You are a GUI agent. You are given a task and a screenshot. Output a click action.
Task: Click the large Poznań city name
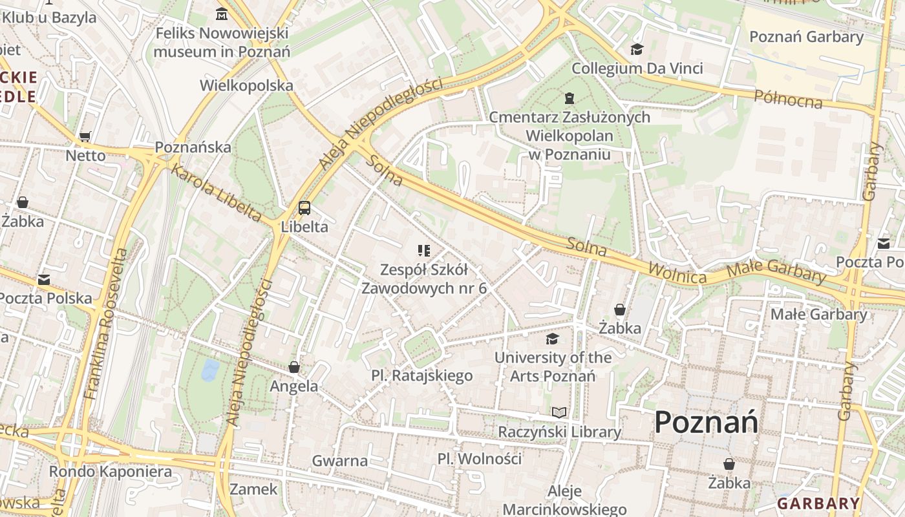pyautogui.click(x=706, y=423)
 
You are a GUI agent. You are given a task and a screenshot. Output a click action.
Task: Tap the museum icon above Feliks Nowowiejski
pyautogui.click(x=222, y=13)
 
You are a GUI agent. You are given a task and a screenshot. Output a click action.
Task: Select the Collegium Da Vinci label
pyautogui.click(x=637, y=68)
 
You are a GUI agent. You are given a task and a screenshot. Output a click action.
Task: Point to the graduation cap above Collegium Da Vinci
pyautogui.click(x=637, y=49)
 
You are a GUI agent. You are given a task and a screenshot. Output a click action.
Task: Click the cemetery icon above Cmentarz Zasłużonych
pyautogui.click(x=569, y=98)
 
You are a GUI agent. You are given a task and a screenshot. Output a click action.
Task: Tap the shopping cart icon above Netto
pyautogui.click(x=85, y=137)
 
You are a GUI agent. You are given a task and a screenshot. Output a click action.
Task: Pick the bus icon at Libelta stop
pyautogui.click(x=304, y=208)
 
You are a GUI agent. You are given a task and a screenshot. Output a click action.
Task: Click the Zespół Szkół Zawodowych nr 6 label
pyautogui.click(x=424, y=279)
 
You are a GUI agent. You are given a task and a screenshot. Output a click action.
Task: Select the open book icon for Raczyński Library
pyautogui.click(x=559, y=412)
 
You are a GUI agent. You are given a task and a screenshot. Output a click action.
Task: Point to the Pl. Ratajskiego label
pyautogui.click(x=421, y=375)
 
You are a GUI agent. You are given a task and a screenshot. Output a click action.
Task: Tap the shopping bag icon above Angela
pyautogui.click(x=294, y=367)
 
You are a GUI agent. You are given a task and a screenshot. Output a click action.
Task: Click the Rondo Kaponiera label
pyautogui.click(x=111, y=471)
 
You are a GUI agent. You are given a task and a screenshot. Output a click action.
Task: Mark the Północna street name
pyautogui.click(x=789, y=98)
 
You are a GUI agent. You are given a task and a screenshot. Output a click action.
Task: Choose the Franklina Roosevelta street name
pyautogui.click(x=105, y=323)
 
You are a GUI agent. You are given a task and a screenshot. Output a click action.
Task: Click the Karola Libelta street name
pyautogui.click(x=216, y=193)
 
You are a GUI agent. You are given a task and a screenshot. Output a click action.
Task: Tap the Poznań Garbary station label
pyautogui.click(x=806, y=37)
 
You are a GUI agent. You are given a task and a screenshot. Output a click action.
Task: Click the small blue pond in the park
pyautogui.click(x=210, y=370)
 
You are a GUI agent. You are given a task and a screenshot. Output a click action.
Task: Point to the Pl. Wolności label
pyautogui.click(x=479, y=459)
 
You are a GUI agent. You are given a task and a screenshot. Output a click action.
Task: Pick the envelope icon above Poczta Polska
pyautogui.click(x=44, y=280)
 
